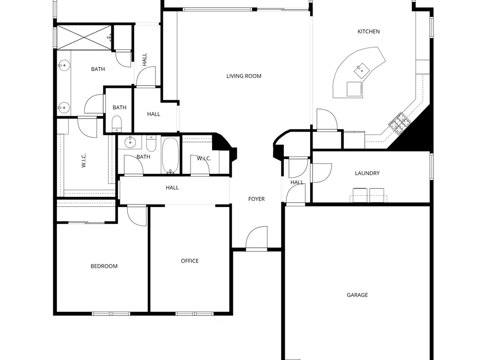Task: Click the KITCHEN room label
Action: coord(369,32)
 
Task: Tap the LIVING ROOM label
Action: coord(244,76)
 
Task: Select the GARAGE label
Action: coord(357,295)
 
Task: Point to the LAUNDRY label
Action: coord(367,173)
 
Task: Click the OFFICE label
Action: coord(190,261)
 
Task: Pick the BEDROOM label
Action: coord(104,266)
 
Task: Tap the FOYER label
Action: coord(256,199)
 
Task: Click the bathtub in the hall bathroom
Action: coord(170,156)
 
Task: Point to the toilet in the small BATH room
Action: coord(117,123)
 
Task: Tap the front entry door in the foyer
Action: coord(256,239)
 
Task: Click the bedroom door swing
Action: coord(137,216)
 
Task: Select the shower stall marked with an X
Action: coord(84,37)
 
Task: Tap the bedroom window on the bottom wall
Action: coord(111,313)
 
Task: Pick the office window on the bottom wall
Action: coord(194,313)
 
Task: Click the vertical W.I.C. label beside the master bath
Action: coord(84,160)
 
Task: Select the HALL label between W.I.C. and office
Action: coord(172,188)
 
